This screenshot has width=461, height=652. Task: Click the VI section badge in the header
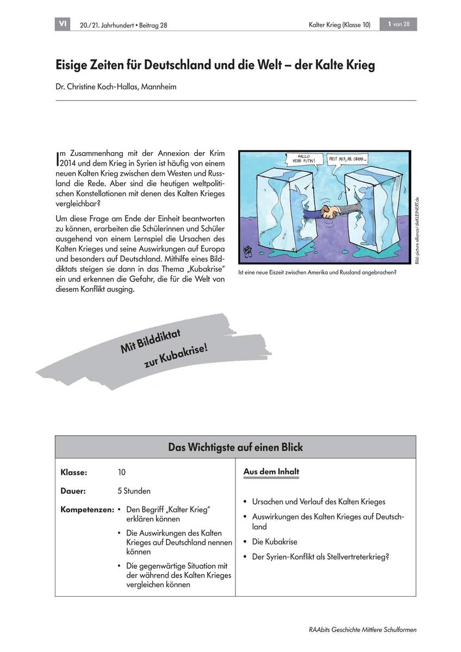point(63,24)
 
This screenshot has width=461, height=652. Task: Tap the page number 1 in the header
point(390,24)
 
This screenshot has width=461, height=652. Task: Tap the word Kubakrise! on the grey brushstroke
point(176,356)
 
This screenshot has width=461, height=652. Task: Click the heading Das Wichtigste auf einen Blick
point(235,447)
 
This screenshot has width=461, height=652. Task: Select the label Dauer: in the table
point(73,491)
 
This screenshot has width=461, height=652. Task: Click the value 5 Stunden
point(134,491)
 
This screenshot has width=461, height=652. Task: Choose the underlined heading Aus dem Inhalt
point(271,472)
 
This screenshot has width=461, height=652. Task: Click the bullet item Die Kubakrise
point(274,542)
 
